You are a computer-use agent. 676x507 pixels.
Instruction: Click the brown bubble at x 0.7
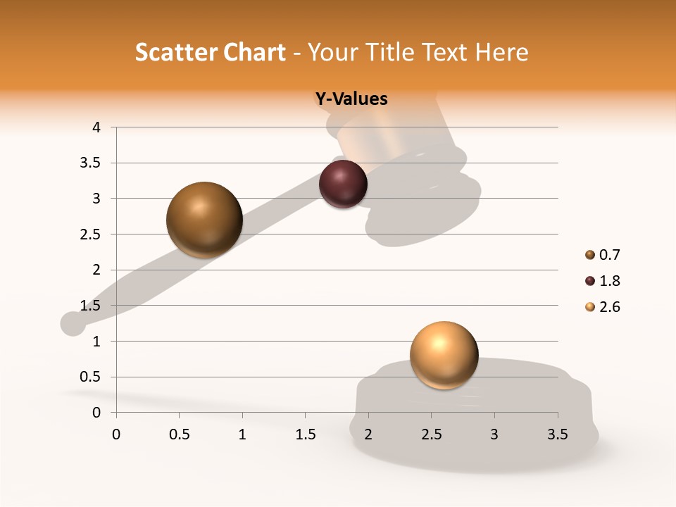tap(204, 220)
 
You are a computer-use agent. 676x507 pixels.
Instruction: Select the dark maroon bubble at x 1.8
tap(343, 184)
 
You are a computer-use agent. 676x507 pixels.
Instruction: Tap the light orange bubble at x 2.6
tap(444, 355)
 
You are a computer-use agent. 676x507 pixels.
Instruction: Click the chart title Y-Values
tap(351, 99)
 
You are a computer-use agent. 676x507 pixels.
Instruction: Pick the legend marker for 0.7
tap(590, 255)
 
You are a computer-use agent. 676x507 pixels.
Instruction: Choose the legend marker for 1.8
tap(590, 281)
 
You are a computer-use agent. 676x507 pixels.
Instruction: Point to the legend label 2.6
tap(609, 307)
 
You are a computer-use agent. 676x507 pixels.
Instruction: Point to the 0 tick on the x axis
tap(116, 434)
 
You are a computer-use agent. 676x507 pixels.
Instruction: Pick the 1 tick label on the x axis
tap(242, 434)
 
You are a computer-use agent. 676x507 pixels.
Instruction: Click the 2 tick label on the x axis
tap(368, 434)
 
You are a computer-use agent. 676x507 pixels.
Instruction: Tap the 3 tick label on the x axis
tap(494, 434)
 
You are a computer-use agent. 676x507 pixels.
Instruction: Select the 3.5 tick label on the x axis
tap(558, 434)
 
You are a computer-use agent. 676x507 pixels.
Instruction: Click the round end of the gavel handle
tap(73, 323)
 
